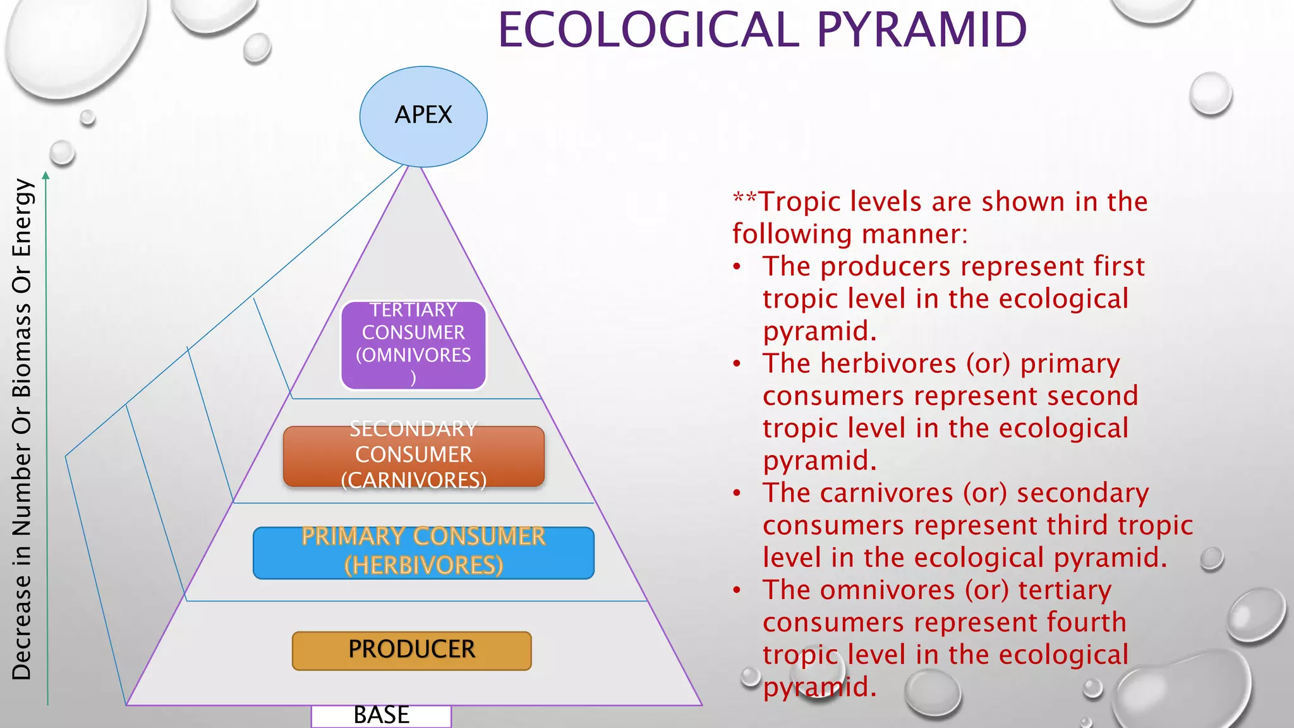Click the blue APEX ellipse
tap(423, 116)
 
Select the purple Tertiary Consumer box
tap(413, 344)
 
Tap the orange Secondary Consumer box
tap(413, 456)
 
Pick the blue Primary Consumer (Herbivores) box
tap(423, 552)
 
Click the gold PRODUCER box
tap(411, 650)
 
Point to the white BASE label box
tap(381, 716)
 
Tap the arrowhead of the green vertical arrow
tap(45, 176)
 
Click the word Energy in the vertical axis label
tap(21, 217)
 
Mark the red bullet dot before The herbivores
tap(737, 364)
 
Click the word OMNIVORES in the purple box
tap(416, 355)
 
